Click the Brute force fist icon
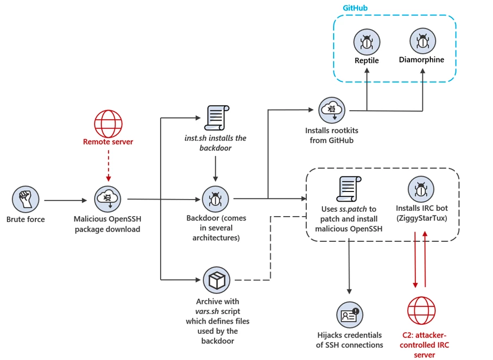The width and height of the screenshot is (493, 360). (25, 200)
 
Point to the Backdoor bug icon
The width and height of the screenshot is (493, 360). (215, 200)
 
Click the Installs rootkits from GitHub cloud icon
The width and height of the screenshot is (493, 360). (331, 111)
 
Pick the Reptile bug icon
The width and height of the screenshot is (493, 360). (367, 42)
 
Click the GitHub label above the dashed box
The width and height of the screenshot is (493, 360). (354, 9)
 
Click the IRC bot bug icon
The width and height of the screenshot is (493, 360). (421, 189)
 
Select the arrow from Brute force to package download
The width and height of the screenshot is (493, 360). (65, 201)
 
